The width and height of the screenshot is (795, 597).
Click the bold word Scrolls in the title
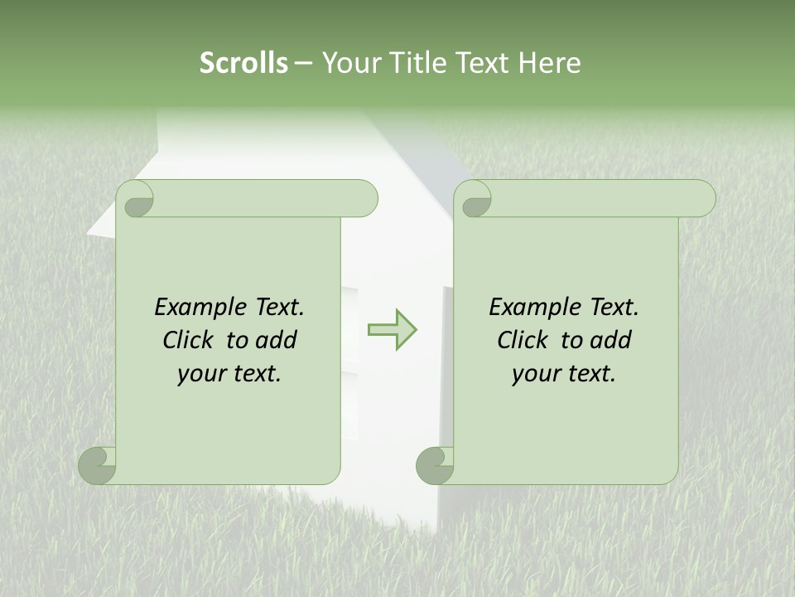[243, 63]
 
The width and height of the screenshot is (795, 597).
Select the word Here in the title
[549, 63]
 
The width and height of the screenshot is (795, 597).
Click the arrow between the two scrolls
[392, 330]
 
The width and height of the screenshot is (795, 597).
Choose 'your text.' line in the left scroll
[229, 374]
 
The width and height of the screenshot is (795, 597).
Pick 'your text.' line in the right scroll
[564, 374]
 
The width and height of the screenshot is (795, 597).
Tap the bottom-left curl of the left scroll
[98, 464]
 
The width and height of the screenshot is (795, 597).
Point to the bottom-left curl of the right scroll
[435, 464]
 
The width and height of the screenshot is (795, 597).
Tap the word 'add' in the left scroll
[277, 340]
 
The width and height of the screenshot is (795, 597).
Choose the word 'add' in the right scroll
[612, 340]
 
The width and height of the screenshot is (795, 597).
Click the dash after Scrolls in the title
[303, 64]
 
